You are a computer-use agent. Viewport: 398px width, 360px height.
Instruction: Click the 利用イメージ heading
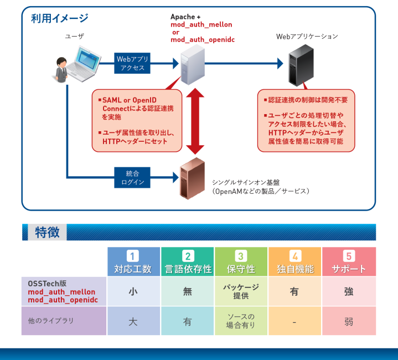60,18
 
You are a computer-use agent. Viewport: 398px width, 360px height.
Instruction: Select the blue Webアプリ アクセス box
132,63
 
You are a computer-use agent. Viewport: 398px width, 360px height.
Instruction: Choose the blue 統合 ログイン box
132,177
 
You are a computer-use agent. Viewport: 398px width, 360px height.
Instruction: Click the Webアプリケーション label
307,37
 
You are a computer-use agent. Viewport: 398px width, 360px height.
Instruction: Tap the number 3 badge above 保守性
241,256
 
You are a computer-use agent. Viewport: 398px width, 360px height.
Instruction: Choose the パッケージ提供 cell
241,291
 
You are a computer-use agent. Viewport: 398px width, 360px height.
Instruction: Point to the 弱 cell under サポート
349,321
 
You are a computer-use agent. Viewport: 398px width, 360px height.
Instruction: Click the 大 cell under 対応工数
133,321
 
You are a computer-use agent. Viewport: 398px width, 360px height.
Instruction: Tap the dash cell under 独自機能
294,321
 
